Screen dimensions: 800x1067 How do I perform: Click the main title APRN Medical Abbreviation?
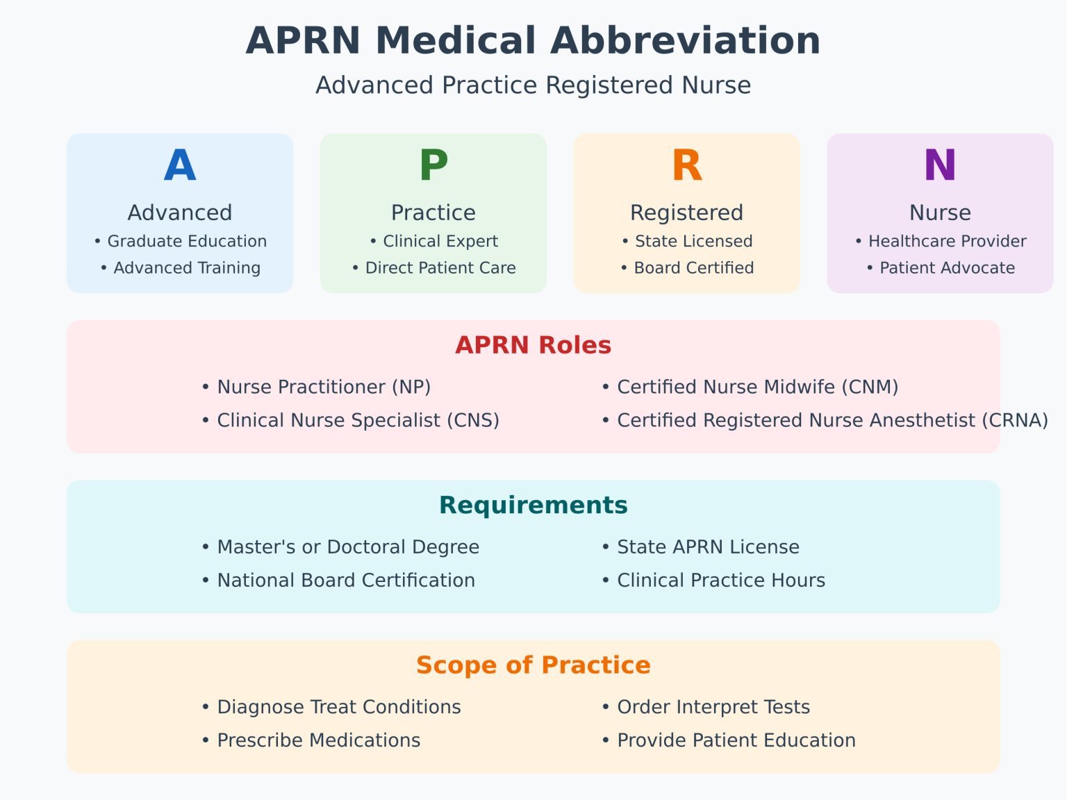[533, 40]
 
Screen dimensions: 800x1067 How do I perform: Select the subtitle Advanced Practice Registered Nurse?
[533, 85]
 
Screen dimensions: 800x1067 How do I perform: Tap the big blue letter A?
[180, 166]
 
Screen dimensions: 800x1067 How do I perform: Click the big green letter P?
[433, 166]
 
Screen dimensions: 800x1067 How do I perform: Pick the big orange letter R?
[686, 166]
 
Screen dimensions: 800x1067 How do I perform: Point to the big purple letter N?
[940, 166]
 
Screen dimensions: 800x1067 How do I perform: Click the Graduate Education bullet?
[181, 242]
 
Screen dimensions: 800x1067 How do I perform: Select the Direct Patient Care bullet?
[434, 268]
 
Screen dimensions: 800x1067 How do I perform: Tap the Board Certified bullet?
[687, 268]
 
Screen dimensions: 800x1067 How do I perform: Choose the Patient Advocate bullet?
[941, 268]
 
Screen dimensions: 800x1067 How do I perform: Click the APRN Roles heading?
[533, 345]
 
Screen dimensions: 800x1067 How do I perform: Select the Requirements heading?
[533, 505]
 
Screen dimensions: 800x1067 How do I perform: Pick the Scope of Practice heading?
[533, 665]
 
